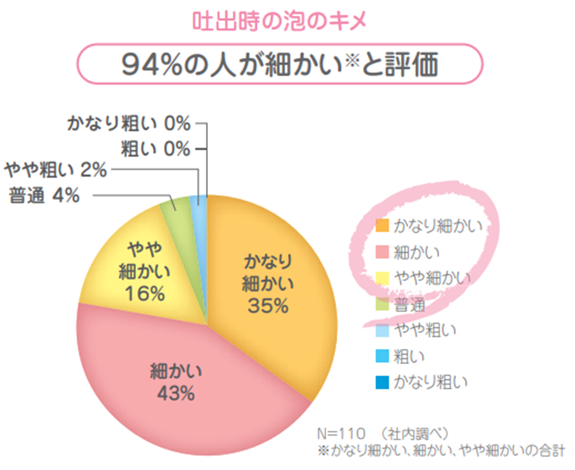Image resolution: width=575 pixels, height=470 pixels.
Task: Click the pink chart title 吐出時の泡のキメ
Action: tap(280, 22)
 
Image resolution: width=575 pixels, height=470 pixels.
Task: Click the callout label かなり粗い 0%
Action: tap(129, 123)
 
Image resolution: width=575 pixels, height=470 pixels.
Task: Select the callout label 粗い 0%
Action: tap(156, 149)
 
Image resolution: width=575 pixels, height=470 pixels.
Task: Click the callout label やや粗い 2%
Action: tap(55, 171)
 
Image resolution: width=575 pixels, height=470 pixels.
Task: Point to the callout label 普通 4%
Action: tap(44, 195)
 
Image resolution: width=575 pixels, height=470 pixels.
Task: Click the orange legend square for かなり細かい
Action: tap(382, 225)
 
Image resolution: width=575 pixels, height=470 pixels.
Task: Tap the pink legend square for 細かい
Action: tap(382, 252)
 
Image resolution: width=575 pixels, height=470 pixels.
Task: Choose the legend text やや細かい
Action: tap(432, 278)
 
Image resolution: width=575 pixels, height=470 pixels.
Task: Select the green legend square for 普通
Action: tap(382, 304)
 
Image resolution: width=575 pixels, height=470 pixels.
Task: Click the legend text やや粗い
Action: tap(425, 330)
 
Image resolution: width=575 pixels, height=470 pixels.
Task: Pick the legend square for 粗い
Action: tap(382, 356)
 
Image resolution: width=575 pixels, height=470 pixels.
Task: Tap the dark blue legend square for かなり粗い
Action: tap(382, 383)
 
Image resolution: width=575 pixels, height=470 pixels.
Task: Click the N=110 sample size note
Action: tap(341, 434)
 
